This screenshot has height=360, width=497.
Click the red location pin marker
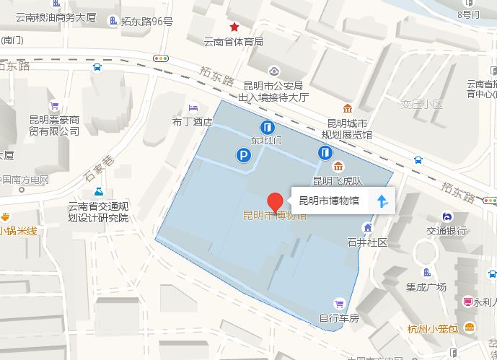(x=274, y=201)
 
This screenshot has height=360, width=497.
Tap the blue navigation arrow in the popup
(x=383, y=201)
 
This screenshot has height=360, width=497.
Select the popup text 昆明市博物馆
(x=328, y=201)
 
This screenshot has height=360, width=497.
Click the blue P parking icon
(x=245, y=154)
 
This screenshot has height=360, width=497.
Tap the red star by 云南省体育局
(x=234, y=27)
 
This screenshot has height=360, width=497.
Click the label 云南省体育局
(x=233, y=41)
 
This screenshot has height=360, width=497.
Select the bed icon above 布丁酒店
(x=192, y=108)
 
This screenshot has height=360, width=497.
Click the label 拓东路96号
(x=146, y=22)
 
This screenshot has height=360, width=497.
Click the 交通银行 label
(x=446, y=231)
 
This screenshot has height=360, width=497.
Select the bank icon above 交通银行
(x=447, y=216)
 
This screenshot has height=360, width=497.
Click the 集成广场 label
(x=426, y=287)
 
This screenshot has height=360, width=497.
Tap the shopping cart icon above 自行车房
(x=338, y=302)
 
